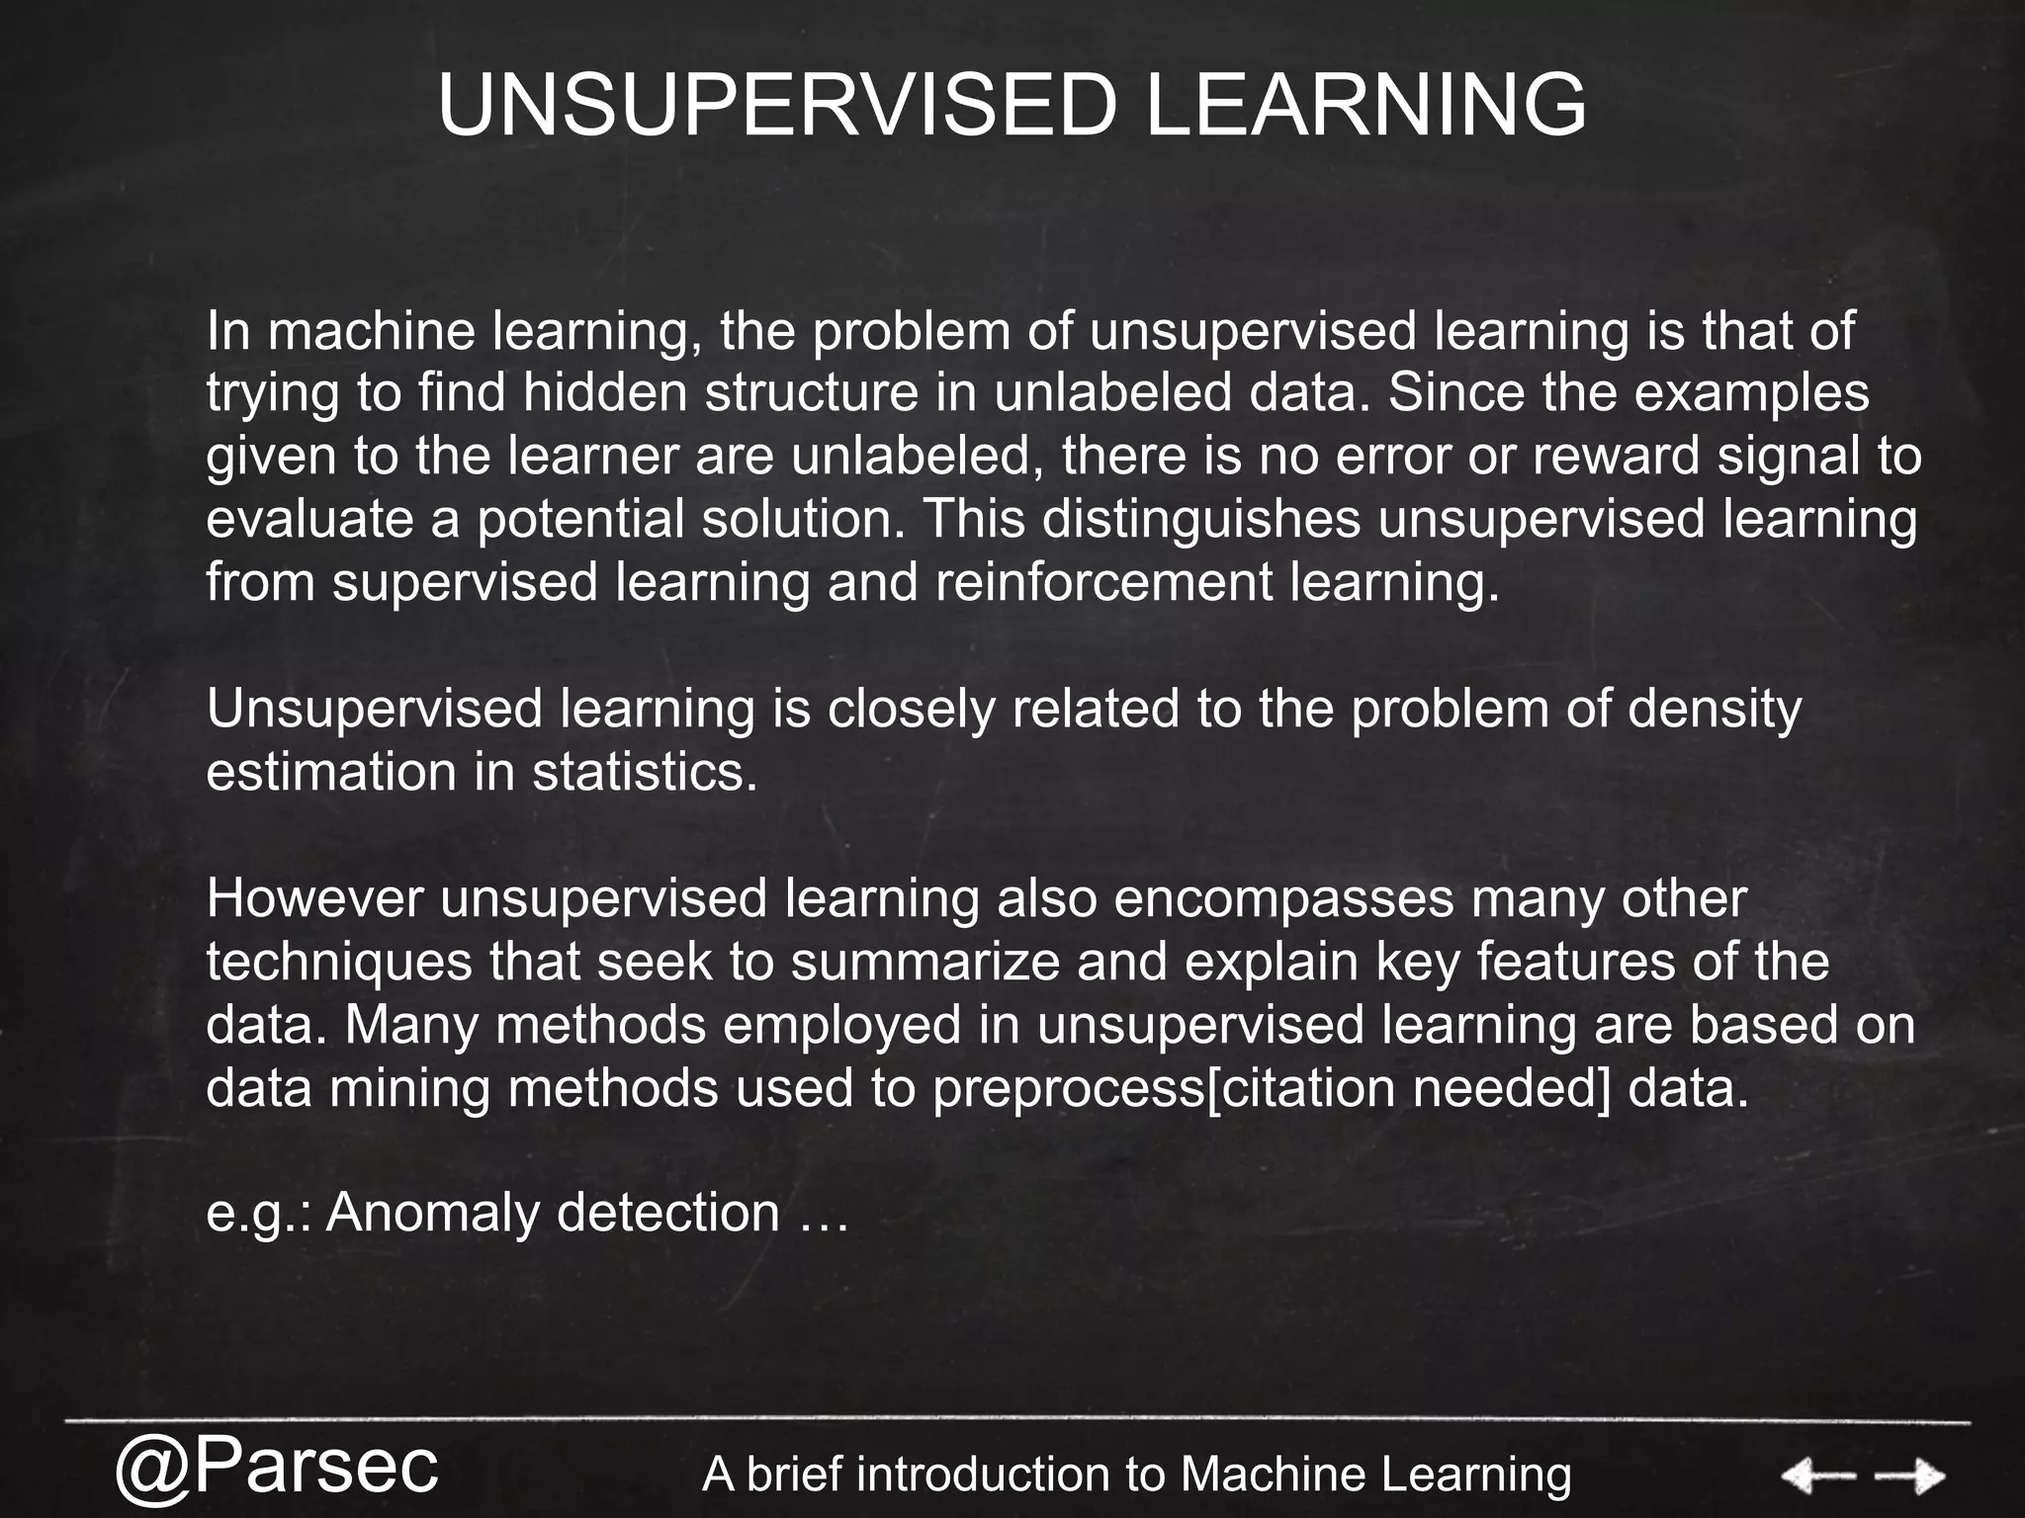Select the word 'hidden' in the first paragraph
[604, 393]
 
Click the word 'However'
[315, 899]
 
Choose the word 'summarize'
[925, 963]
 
